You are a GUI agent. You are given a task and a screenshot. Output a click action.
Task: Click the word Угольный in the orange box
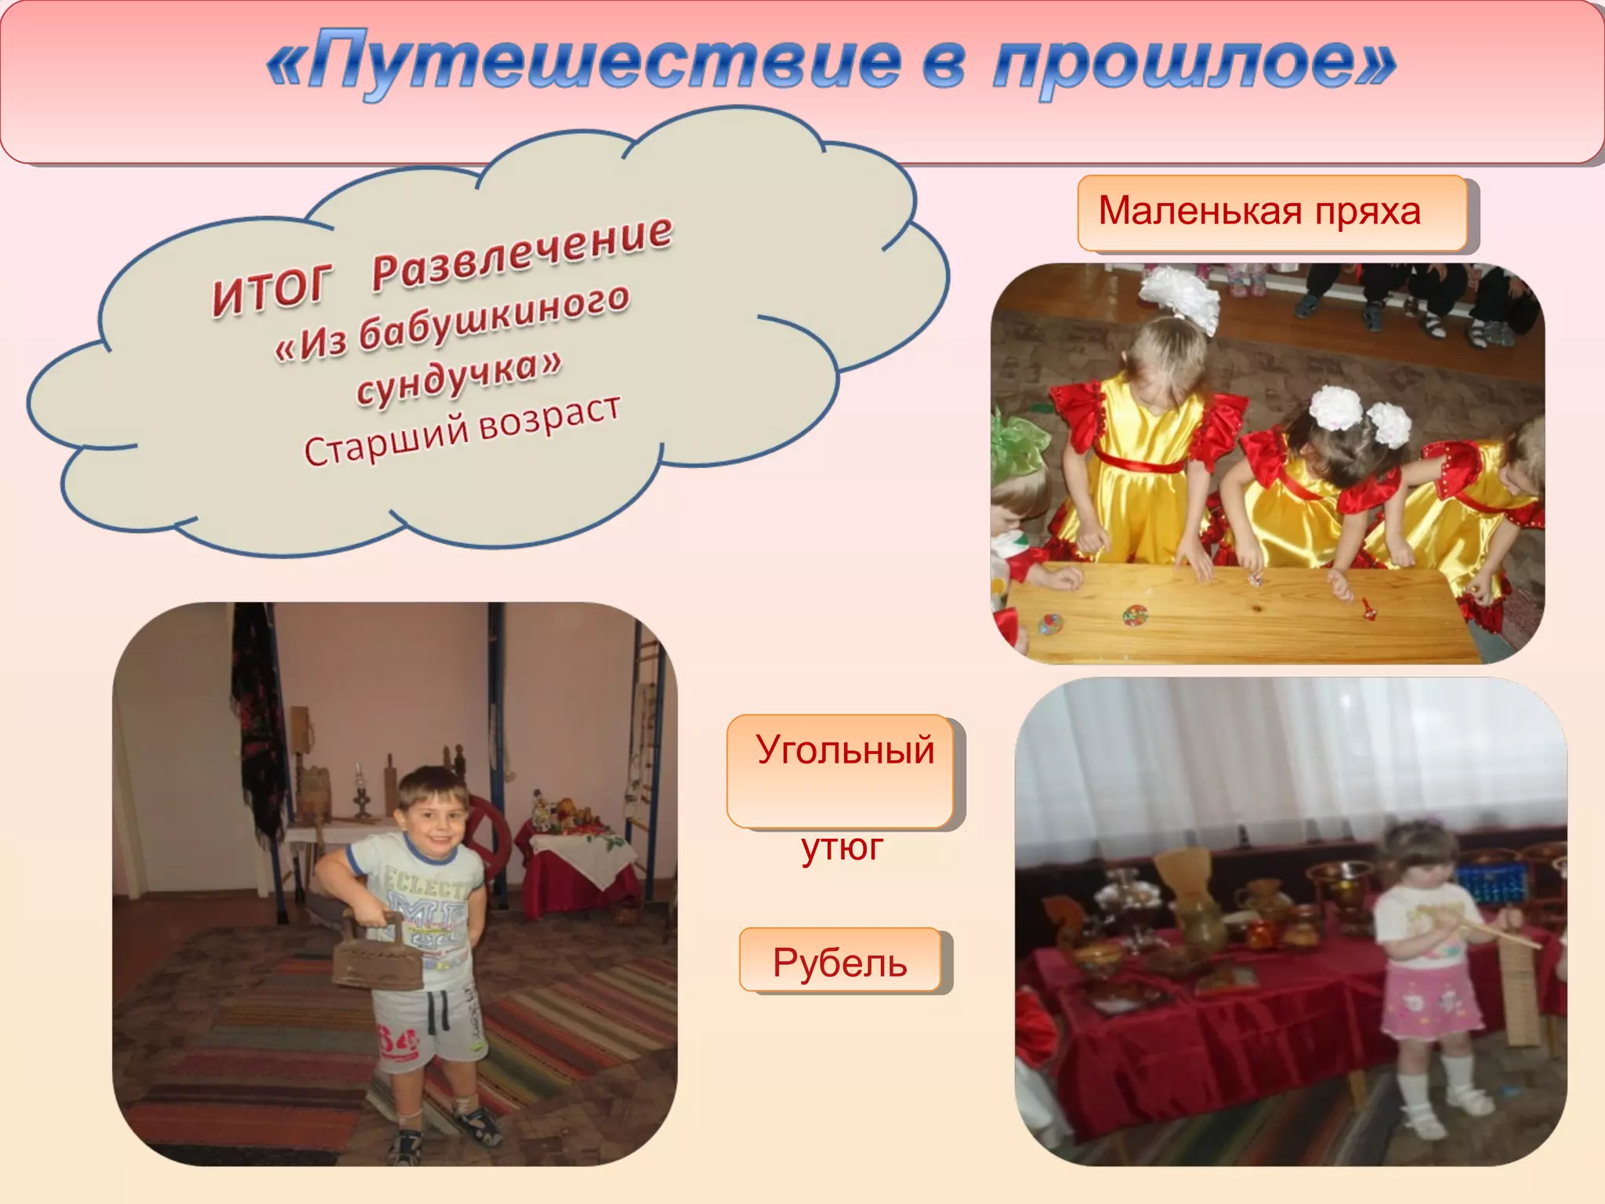tap(845, 750)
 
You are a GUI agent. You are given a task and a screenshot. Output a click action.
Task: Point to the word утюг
tap(842, 847)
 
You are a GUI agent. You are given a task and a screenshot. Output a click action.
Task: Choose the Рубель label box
tap(840, 961)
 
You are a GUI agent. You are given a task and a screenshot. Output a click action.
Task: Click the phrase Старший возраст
tap(462, 431)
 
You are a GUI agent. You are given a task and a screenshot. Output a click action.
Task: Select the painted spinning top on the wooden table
tap(1135, 615)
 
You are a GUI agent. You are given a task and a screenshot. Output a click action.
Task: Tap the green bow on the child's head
tap(1016, 443)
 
